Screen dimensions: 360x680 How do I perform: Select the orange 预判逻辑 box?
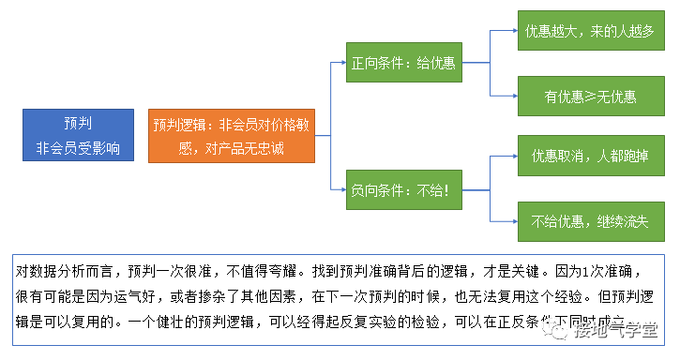click(x=230, y=135)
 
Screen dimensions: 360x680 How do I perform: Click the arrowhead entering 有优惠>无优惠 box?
click(x=515, y=96)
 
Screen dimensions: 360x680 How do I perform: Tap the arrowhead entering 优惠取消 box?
click(x=515, y=156)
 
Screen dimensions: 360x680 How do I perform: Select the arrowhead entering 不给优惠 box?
click(x=515, y=221)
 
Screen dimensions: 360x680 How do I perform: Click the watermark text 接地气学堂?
click(x=619, y=330)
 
